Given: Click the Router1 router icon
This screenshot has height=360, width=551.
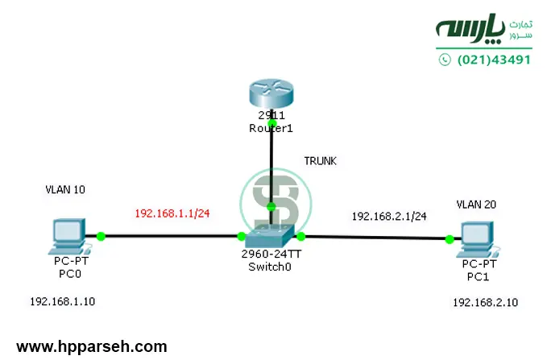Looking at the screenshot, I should click(271, 95).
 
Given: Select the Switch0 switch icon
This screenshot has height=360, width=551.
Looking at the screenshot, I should click(271, 235).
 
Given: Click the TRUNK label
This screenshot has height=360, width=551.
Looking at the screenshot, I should click(320, 161).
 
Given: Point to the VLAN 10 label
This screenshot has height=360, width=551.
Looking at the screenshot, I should click(65, 190).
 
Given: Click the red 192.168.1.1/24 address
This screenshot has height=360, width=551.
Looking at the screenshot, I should click(173, 213).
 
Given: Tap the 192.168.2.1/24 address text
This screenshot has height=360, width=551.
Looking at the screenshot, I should click(389, 216).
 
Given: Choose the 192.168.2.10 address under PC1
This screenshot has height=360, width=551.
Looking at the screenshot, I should click(485, 302).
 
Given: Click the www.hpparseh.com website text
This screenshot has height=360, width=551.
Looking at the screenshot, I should click(92, 347).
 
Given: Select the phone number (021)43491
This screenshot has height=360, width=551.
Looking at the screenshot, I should click(494, 60).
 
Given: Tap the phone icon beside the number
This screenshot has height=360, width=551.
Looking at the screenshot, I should click(445, 60).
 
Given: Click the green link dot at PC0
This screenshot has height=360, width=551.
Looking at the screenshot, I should click(101, 236).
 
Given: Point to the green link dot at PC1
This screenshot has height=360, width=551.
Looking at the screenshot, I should click(449, 238).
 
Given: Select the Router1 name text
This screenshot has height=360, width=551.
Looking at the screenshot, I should click(271, 128).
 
